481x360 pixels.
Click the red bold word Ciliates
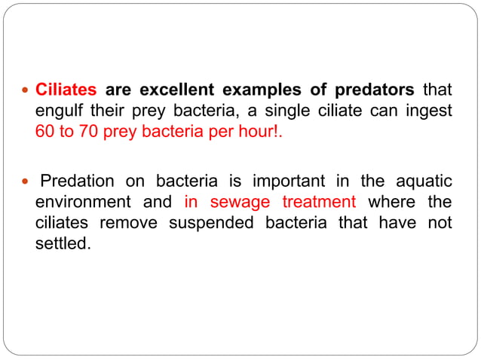66,90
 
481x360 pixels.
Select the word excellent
170,90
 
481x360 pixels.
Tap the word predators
373,90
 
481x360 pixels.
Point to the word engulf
58,111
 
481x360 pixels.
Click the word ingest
432,111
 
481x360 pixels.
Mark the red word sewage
242,203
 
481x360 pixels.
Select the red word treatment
318,203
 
